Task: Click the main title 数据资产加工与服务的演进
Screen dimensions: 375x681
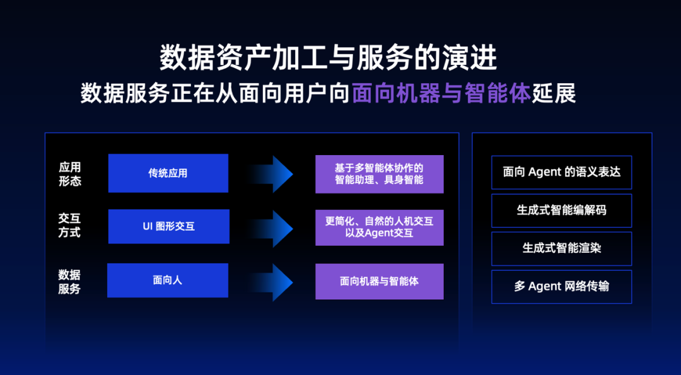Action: click(328, 58)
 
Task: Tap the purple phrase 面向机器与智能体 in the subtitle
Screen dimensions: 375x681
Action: click(441, 93)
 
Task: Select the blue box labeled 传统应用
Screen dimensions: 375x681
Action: click(168, 173)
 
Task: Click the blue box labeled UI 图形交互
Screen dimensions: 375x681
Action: click(168, 226)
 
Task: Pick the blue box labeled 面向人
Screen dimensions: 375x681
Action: click(168, 280)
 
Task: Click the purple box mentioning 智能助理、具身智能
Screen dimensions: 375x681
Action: click(379, 174)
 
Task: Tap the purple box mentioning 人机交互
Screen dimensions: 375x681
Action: click(379, 227)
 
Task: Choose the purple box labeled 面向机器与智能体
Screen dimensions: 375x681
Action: click(379, 281)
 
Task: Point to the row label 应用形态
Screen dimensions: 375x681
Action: click(70, 174)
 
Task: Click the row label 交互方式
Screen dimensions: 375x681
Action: click(70, 226)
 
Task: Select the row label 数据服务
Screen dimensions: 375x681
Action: click(70, 282)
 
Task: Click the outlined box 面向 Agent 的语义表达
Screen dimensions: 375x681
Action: click(561, 172)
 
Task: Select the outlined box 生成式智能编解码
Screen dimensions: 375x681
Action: click(561, 210)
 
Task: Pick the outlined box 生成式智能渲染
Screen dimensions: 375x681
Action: click(561, 248)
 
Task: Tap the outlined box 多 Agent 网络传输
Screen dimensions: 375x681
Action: click(561, 287)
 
